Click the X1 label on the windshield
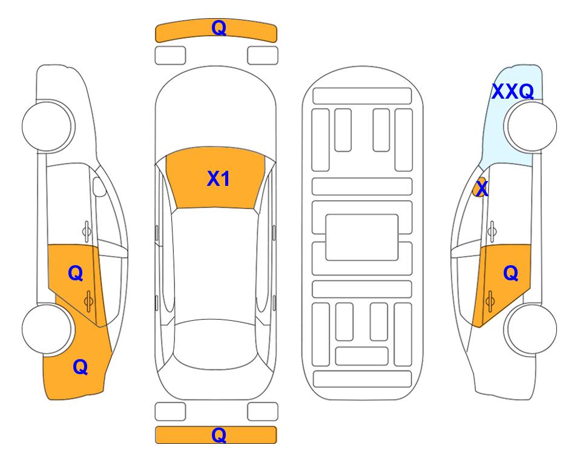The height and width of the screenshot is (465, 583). [x=219, y=179]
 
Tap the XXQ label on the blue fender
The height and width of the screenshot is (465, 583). [x=513, y=91]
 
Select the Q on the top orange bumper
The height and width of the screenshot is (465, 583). [x=219, y=27]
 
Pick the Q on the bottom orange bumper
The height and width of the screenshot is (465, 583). [x=219, y=435]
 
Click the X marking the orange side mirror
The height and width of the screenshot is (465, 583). [x=482, y=188]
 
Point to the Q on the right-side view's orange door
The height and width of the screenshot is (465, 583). [x=510, y=274]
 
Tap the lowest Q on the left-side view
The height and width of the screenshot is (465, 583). [x=81, y=367]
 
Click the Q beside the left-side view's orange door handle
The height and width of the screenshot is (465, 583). [x=76, y=274]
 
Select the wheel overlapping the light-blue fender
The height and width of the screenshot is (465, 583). [x=530, y=126]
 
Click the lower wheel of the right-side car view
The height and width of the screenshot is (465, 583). [x=530, y=329]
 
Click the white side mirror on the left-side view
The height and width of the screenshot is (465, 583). [x=99, y=186]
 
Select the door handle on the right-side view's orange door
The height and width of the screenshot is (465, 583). [x=490, y=301]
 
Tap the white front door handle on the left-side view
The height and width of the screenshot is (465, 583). [x=87, y=231]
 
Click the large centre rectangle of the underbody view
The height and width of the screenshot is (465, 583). [x=362, y=237]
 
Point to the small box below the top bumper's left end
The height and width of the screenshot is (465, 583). [x=170, y=56]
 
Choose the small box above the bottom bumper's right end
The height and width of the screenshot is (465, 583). [x=263, y=412]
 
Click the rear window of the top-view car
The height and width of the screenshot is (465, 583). [x=216, y=344]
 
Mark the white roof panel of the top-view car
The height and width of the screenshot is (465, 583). [x=216, y=264]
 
